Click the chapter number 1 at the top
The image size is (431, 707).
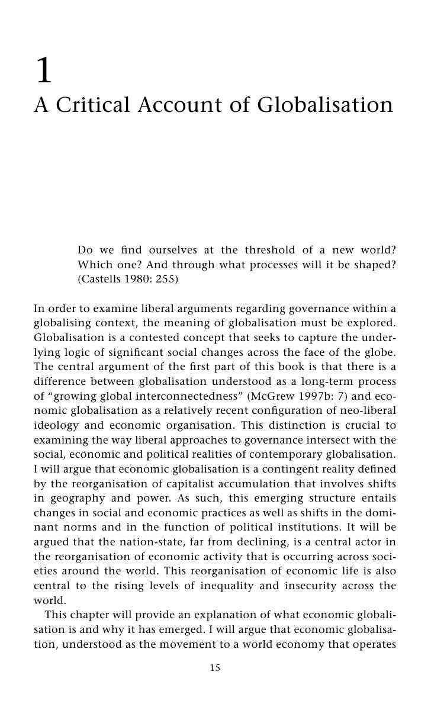pyautogui.click(x=44, y=72)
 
